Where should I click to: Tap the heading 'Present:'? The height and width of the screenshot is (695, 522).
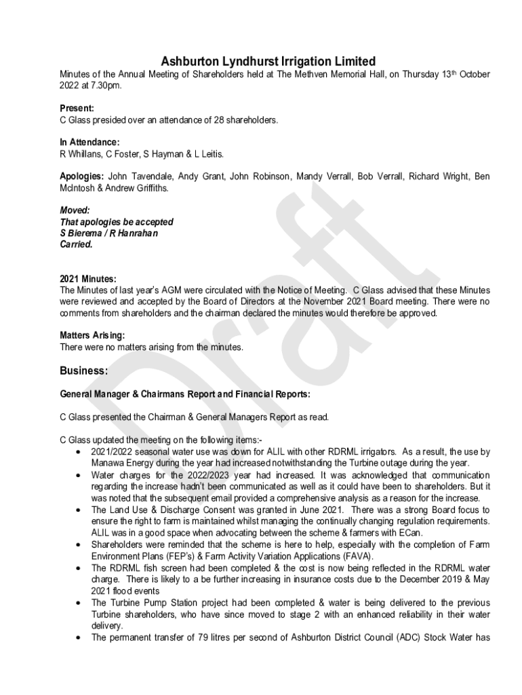[77, 108]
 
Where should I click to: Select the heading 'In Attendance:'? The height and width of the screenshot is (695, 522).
[89, 143]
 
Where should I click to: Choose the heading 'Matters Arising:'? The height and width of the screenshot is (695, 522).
[92, 335]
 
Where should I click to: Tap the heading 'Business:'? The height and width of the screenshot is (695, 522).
[83, 371]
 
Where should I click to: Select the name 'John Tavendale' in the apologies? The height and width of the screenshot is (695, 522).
[140, 176]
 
